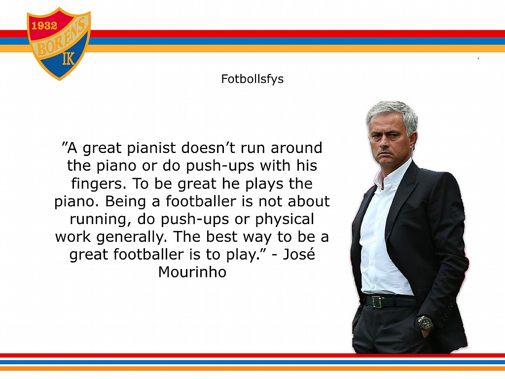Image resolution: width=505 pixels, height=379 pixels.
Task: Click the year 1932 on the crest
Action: pos(44,26)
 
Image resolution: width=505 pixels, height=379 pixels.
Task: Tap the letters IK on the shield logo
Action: pos(68,59)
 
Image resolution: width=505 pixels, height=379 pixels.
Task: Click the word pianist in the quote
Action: pos(151,148)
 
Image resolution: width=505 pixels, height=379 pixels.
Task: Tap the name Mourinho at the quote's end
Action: pos(192,272)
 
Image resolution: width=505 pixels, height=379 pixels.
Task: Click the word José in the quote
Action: pos(298,254)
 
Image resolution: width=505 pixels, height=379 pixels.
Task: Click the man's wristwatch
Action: pos(425,323)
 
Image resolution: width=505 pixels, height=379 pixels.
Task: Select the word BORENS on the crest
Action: pos(61,38)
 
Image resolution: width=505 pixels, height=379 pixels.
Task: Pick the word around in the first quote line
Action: pos(296,148)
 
